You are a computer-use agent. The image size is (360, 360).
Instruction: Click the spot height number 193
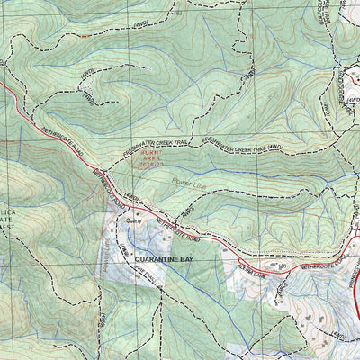[176, 13]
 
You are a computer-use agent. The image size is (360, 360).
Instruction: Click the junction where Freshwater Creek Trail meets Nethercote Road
[96, 168]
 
